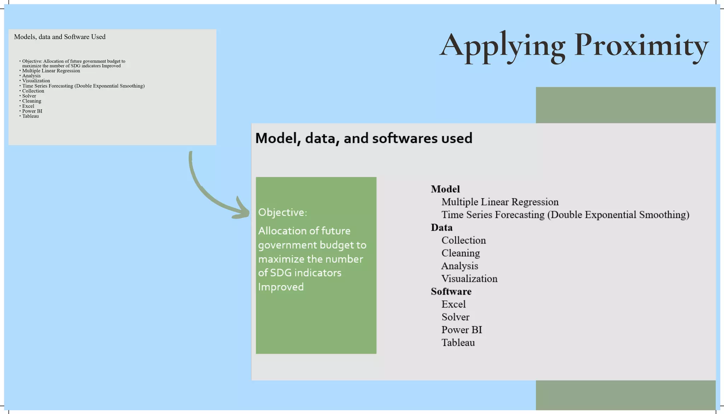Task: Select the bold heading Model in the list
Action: click(445, 189)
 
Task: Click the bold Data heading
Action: click(442, 227)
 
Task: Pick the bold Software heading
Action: click(451, 291)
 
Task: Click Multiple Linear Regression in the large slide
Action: click(500, 202)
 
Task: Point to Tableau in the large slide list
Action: click(458, 342)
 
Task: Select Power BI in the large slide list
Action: click(462, 330)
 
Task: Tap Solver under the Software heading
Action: click(455, 317)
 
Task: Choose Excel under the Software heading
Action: click(454, 304)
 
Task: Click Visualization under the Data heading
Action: click(469, 278)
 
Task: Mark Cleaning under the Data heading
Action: click(461, 253)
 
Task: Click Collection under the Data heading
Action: click(463, 240)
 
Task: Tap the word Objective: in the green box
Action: click(282, 212)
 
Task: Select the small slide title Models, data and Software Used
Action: click(60, 37)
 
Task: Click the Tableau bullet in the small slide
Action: click(30, 116)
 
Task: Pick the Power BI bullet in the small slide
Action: click(32, 111)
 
